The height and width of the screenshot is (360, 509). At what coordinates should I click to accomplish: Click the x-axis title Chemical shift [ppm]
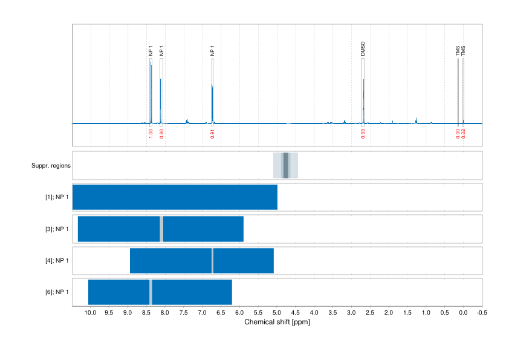(277, 322)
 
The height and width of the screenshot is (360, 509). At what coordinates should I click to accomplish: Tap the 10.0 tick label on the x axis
(90, 313)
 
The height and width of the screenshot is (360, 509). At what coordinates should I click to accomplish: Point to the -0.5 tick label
(482, 313)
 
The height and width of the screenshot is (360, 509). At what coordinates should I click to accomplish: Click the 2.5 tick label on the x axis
(370, 313)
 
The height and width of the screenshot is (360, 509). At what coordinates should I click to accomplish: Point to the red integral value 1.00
(151, 134)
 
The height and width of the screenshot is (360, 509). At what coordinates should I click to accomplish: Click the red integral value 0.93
(363, 134)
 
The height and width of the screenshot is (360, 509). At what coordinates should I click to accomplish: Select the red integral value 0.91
(212, 134)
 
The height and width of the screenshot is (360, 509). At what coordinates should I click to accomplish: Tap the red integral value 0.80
(161, 134)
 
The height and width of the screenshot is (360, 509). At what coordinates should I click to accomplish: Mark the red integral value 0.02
(463, 134)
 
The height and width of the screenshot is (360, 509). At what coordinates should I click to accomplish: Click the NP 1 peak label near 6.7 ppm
(212, 52)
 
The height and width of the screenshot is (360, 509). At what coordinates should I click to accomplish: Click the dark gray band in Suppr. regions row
(285, 165)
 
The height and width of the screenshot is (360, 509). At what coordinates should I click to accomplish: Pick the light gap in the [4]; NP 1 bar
(212, 261)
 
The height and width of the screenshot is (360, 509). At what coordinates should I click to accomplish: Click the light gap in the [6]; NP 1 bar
(151, 292)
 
